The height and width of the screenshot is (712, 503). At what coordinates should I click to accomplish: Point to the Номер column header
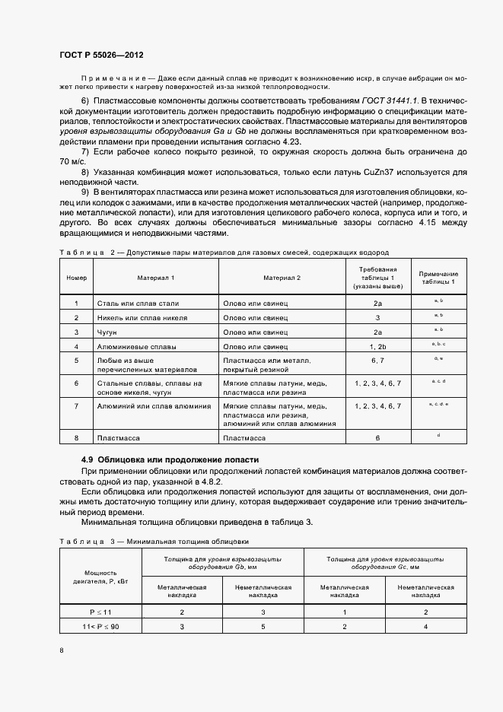[76, 278]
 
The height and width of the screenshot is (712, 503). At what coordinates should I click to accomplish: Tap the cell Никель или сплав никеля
[142, 317]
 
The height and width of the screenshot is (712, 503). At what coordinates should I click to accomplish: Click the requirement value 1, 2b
[377, 346]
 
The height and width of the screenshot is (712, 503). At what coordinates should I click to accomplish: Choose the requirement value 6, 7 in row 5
[377, 360]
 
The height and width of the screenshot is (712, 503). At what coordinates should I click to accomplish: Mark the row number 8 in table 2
[76, 438]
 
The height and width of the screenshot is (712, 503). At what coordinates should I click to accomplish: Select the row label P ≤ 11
[100, 611]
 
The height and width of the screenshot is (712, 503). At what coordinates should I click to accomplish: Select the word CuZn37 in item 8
[370, 172]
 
